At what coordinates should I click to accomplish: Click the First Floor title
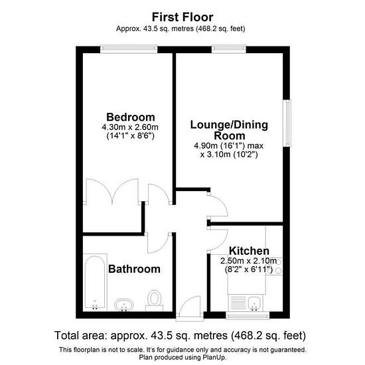coord(183,17)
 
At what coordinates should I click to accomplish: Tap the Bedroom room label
coord(131,117)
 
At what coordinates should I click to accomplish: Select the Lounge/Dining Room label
coord(230,130)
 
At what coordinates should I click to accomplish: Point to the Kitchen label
coord(249,251)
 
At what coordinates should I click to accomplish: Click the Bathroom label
coord(134,269)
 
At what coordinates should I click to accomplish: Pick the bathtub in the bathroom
coord(95,282)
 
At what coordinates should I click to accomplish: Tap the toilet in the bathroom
coord(155,300)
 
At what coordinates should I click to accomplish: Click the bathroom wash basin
coord(124,305)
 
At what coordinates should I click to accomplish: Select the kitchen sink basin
coord(256,304)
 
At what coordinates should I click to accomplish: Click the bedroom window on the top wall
coord(129,49)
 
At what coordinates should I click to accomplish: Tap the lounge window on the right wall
coord(287,123)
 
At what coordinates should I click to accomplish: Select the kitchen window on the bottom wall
coord(248,316)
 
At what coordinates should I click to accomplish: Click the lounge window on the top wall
coord(229,49)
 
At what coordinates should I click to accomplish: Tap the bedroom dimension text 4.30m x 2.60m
coord(130,127)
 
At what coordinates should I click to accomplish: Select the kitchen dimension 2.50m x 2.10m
coord(249,261)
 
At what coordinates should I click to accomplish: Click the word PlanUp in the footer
coord(214,357)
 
